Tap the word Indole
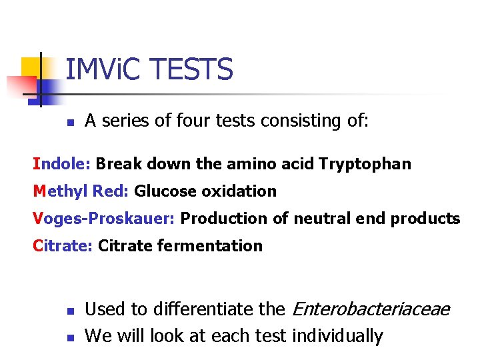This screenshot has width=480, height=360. tap(62, 164)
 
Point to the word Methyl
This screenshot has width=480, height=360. tap(57, 191)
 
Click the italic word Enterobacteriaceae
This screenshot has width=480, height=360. tap(371, 309)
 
